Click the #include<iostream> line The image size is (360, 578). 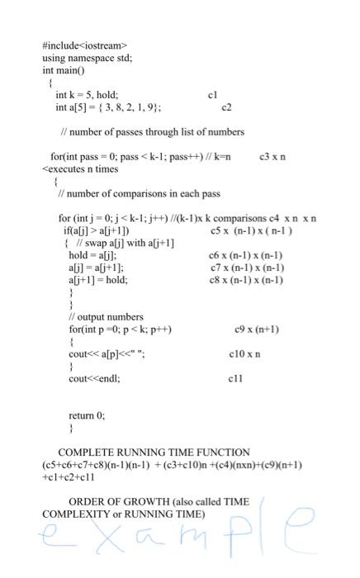pyautogui.click(x=84, y=45)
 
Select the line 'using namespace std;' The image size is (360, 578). pyautogui.click(x=87, y=58)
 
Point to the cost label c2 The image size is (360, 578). pyautogui.click(x=227, y=107)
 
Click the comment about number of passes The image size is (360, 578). pyautogui.click(x=140, y=131)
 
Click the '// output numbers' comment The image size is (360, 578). pyautogui.click(x=106, y=317)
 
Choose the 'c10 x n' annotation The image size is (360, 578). pyautogui.click(x=244, y=354)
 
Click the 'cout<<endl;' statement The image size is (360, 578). pyautogui.click(x=94, y=379)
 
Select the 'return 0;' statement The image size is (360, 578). pyautogui.click(x=87, y=416)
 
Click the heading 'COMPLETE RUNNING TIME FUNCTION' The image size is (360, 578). pyautogui.click(x=153, y=452)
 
